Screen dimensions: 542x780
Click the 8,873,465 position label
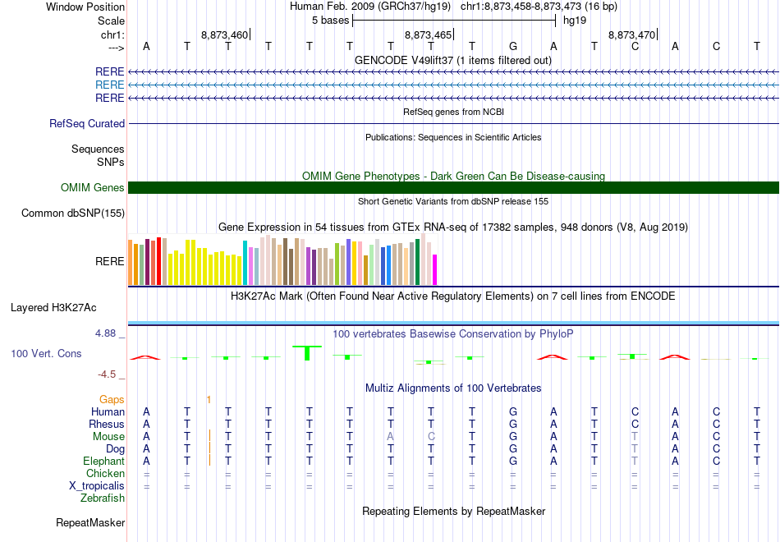click(x=428, y=34)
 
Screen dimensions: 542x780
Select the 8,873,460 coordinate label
click(x=224, y=34)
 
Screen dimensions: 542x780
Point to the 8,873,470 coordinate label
click(x=631, y=34)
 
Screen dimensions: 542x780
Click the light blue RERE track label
click(x=109, y=85)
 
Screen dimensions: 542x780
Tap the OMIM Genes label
click(x=93, y=188)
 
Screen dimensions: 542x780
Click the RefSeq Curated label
click(x=87, y=124)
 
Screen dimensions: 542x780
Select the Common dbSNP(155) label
click(x=74, y=214)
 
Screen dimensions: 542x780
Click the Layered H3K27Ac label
click(x=53, y=308)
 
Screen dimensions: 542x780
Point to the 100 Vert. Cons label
click(x=46, y=353)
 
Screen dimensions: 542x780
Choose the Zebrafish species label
click(x=103, y=498)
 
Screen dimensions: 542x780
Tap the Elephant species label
click(x=103, y=462)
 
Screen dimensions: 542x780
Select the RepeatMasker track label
click(x=90, y=522)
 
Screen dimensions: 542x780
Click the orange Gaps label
click(x=112, y=399)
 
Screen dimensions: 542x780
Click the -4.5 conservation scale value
click(x=107, y=374)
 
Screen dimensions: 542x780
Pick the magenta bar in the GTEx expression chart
click(x=435, y=269)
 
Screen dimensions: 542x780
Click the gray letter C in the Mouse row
click(x=431, y=436)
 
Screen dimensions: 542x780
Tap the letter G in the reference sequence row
click(x=513, y=46)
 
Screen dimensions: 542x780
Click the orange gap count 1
click(x=209, y=399)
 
